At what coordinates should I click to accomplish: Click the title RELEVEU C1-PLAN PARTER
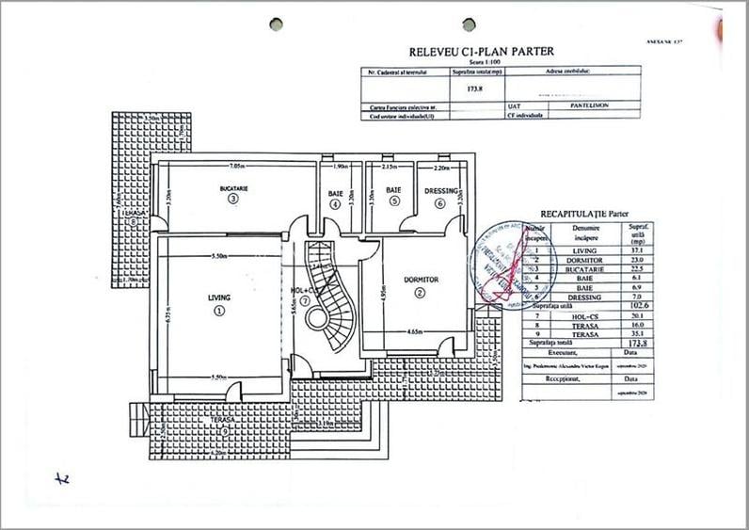coord(481,52)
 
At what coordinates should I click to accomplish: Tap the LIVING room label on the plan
coord(218,297)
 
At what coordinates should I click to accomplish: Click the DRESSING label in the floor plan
coord(441,191)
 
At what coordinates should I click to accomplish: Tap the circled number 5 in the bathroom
coord(394,201)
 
